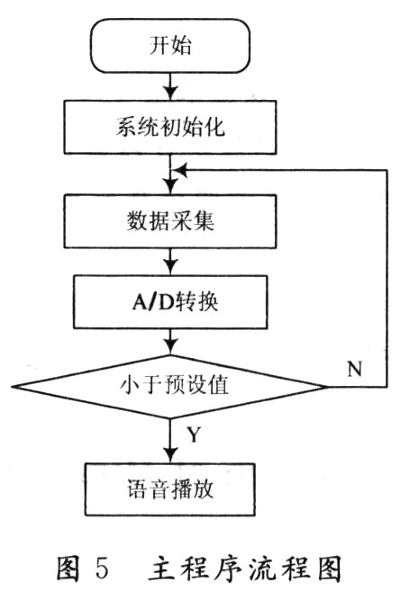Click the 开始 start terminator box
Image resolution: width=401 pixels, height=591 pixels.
170,45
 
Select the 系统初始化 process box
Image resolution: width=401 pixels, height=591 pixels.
170,127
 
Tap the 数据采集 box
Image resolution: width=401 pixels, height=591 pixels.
170,221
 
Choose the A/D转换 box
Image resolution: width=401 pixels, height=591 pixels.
170,301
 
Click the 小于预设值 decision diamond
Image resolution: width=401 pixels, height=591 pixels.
169,386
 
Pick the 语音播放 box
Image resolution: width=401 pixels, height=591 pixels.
170,489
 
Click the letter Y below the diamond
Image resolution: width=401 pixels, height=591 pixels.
194,434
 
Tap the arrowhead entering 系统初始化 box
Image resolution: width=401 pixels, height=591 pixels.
171,94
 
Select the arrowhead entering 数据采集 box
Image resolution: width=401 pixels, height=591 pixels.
171,187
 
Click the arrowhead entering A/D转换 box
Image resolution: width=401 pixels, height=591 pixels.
171,268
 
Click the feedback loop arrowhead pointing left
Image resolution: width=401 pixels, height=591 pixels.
179,170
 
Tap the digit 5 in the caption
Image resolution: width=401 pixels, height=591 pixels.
102,568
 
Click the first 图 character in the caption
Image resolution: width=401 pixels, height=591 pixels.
68,568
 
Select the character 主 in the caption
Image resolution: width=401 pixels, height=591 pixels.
161,568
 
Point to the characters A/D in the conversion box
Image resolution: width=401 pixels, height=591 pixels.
151,302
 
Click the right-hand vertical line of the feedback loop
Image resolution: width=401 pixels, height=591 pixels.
387,278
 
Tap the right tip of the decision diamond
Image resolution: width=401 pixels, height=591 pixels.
327,387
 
